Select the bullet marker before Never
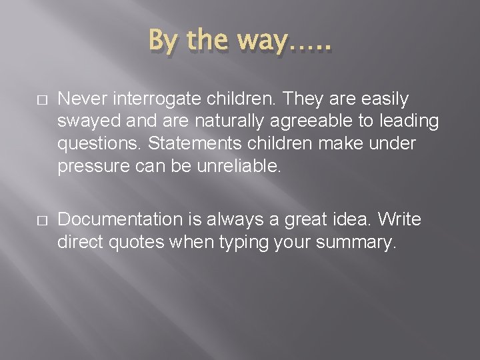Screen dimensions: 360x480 [42, 99]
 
